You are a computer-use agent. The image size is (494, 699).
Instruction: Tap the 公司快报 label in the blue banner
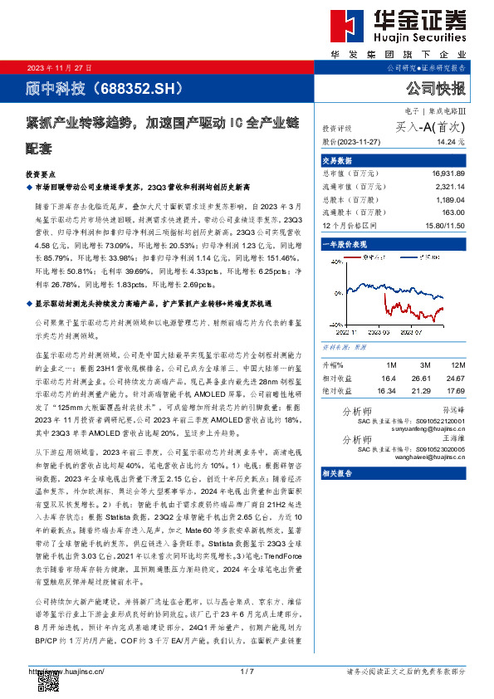point(435,88)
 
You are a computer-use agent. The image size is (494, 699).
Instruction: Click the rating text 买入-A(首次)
point(430,128)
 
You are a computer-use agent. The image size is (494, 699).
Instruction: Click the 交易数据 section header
point(338,160)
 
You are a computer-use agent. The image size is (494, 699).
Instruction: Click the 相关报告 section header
point(338,473)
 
